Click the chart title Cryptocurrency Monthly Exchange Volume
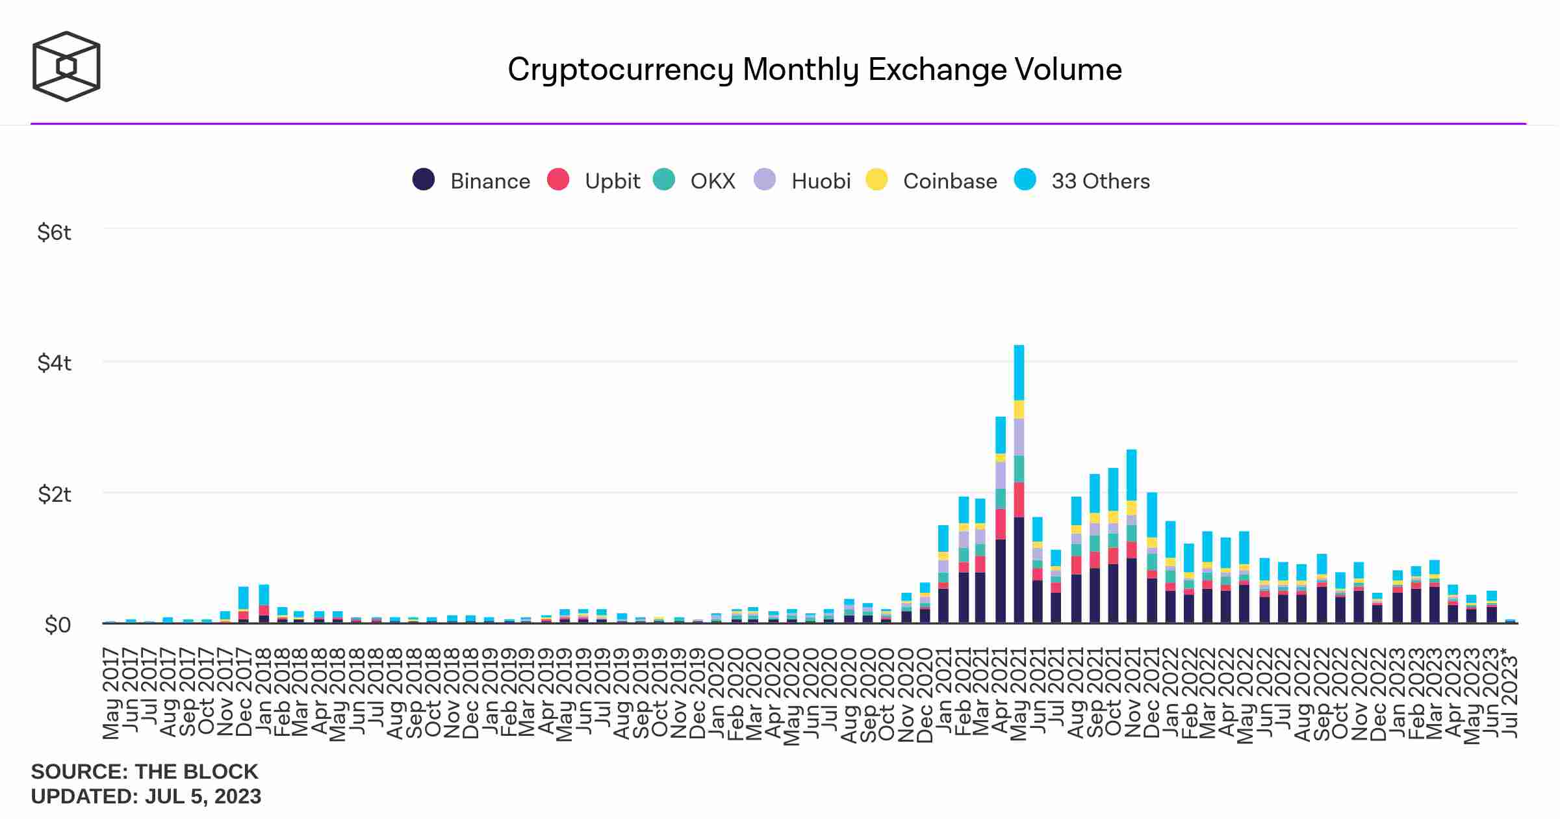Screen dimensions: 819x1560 [x=814, y=70]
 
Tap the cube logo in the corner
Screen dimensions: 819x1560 [x=66, y=66]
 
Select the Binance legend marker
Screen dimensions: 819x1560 [x=424, y=179]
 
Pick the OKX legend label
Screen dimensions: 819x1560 [x=713, y=181]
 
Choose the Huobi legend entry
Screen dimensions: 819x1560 [x=821, y=181]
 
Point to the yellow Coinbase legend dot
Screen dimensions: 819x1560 [x=877, y=179]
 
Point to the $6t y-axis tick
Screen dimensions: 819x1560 [x=54, y=232]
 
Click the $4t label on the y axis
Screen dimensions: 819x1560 [x=54, y=363]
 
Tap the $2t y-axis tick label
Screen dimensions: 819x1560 [x=54, y=494]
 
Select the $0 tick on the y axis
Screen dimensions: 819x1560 [x=57, y=625]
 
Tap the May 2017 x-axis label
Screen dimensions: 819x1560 [x=111, y=693]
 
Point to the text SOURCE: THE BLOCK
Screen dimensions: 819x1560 [x=144, y=772]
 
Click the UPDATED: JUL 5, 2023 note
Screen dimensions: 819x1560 [x=146, y=796]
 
